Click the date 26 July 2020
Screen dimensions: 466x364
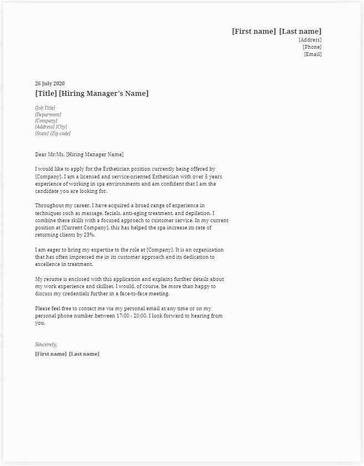coord(50,84)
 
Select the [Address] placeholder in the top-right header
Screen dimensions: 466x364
coord(310,40)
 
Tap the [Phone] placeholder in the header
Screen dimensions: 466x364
coord(312,47)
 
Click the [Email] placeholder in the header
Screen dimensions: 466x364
coord(312,54)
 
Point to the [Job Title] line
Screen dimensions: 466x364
coord(45,108)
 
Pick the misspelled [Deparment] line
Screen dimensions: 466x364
coord(48,115)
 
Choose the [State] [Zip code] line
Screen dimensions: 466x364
coord(53,134)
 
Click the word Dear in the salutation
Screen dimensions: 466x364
coord(41,155)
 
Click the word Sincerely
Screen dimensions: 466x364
coord(46,345)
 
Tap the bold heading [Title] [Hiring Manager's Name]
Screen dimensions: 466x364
coord(91,94)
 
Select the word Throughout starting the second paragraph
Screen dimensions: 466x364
coord(49,206)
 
